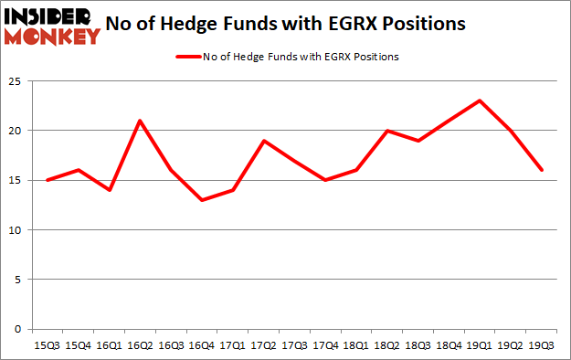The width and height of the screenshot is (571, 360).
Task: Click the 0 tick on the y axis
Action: coord(17,329)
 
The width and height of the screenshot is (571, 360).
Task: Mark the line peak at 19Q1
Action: coord(480,101)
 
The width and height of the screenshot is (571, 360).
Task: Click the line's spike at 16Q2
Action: coord(140,121)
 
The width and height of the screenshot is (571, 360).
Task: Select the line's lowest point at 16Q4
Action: coord(202,200)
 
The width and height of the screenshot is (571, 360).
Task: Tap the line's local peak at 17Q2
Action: coord(264,141)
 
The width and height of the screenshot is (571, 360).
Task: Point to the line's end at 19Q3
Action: coord(542,170)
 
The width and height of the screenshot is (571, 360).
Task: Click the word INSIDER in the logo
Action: coord(51,16)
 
